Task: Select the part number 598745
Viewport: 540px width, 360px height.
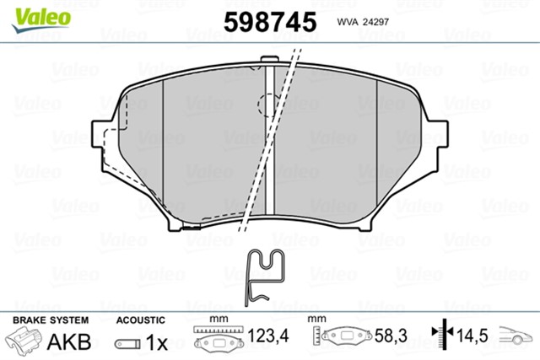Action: tap(269, 20)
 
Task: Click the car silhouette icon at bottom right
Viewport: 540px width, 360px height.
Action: tap(516, 336)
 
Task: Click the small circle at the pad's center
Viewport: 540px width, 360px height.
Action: tap(269, 105)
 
